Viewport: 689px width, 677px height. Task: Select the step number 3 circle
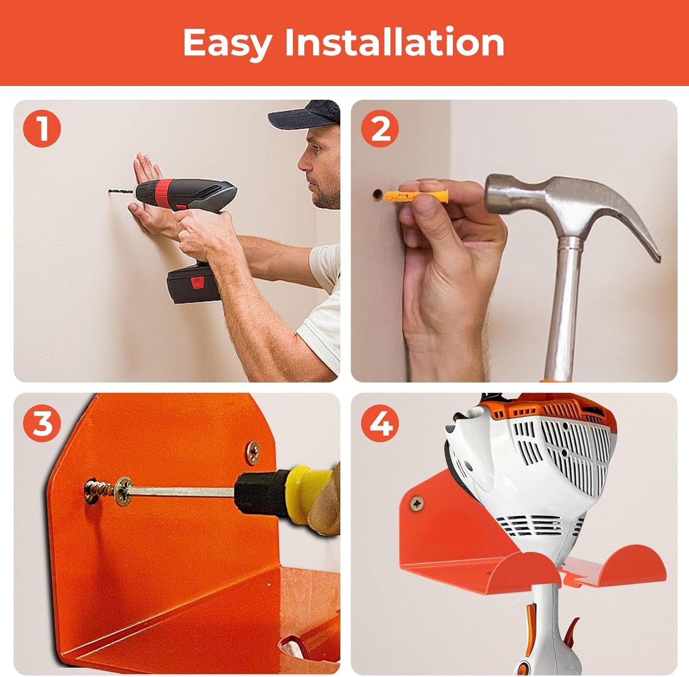(x=42, y=422)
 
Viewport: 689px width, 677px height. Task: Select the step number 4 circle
(x=379, y=422)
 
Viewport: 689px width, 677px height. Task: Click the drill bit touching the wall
(x=122, y=192)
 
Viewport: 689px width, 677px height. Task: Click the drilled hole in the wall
(x=377, y=194)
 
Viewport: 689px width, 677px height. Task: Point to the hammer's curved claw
(x=634, y=224)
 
